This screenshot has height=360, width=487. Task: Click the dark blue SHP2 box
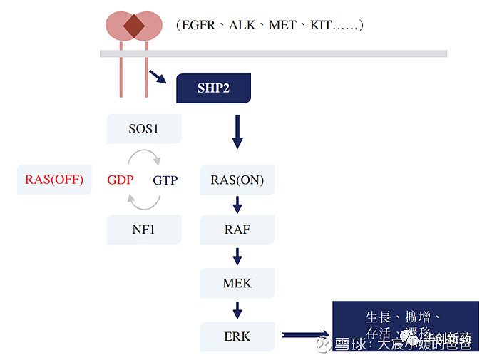(x=213, y=88)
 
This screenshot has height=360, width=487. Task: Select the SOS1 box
(x=144, y=129)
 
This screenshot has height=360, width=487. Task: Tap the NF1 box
(x=144, y=230)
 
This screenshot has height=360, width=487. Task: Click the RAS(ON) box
(x=237, y=180)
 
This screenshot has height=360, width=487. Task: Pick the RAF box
(x=237, y=230)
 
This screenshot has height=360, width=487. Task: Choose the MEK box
(x=237, y=283)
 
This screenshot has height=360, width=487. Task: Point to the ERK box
(x=237, y=335)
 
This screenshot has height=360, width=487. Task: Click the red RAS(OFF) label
(x=54, y=180)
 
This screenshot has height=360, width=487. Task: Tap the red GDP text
(x=121, y=180)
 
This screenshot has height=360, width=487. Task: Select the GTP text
(x=165, y=180)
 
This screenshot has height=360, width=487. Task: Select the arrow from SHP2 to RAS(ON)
(x=237, y=131)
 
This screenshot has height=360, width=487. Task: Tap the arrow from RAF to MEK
(x=237, y=257)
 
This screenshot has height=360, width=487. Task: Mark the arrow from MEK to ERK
(x=237, y=309)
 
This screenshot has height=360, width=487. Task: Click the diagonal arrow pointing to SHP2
(x=158, y=76)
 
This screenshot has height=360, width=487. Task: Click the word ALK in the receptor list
(x=244, y=25)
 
